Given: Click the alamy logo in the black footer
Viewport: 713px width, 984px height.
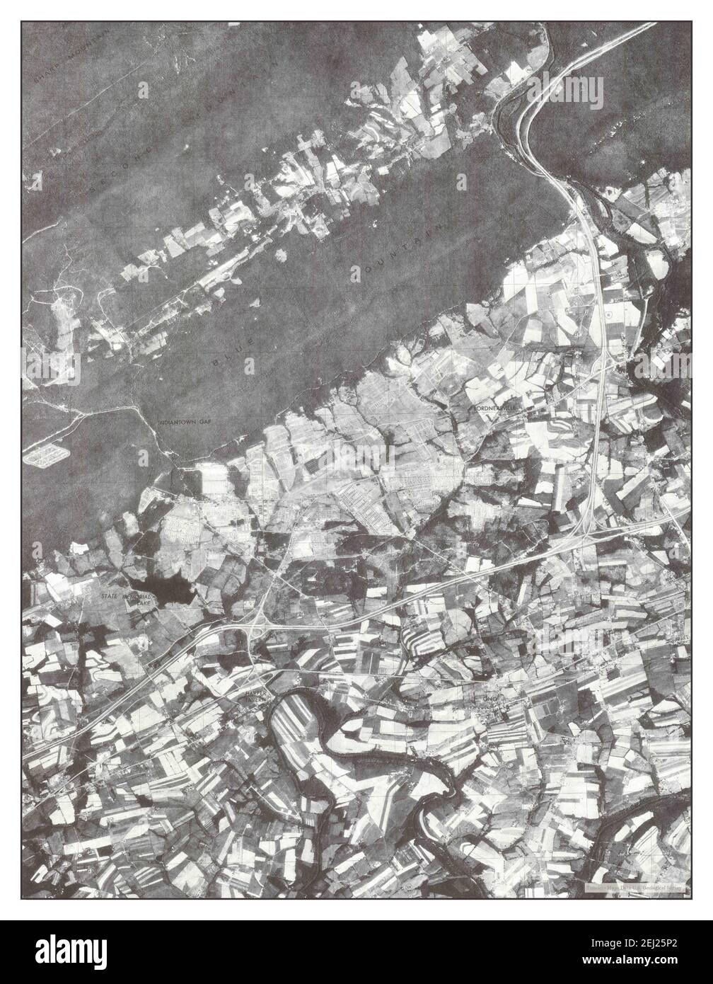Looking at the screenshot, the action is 74,951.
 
